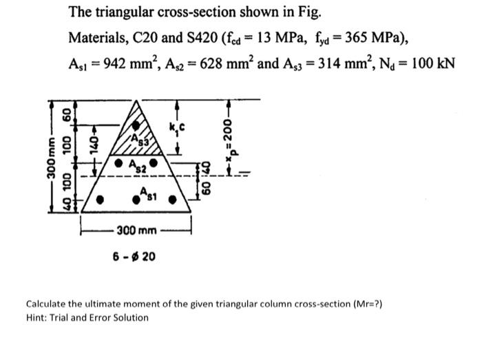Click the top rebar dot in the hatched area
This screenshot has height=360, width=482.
[140, 126]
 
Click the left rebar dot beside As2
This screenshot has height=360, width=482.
[119, 165]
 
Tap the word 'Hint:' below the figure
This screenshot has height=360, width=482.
[38, 317]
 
